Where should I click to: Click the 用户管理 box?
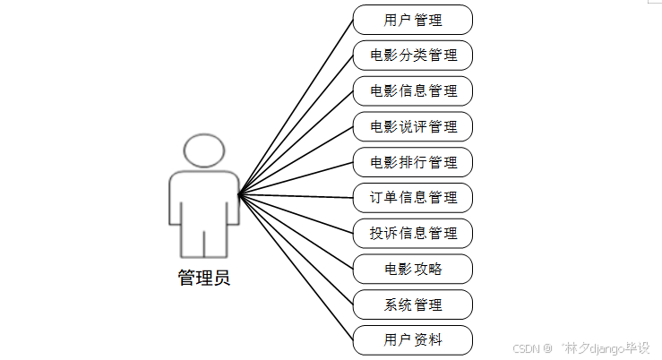(412, 20)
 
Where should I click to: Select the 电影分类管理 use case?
(412, 56)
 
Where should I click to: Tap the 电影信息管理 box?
(412, 91)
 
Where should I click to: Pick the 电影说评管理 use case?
(412, 126)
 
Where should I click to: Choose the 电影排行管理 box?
(412, 162)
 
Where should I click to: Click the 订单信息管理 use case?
(412, 198)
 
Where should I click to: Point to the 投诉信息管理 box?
(412, 234)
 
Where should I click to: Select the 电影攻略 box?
(412, 269)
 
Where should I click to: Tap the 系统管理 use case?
(412, 304)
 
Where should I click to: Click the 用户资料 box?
(412, 340)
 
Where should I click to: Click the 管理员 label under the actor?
(203, 278)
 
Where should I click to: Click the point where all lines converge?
(239, 193)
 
